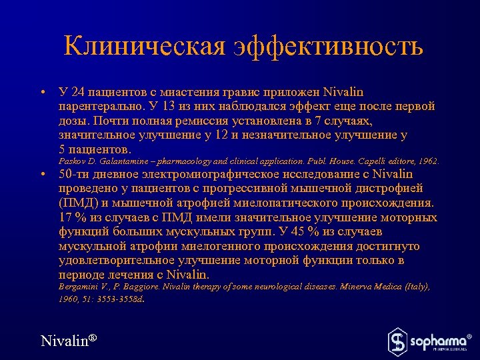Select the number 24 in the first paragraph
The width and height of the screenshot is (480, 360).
tap(79, 92)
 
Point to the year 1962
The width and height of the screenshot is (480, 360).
tap(427, 161)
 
